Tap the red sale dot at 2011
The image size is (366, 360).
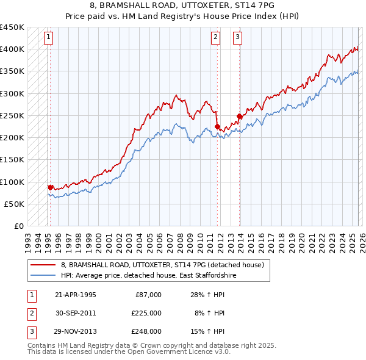coord(217,126)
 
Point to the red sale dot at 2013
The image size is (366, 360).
coord(239,116)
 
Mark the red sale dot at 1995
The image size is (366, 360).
coord(50,187)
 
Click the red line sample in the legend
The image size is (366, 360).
coord(43,265)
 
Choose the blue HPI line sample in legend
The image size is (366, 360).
coord(43,276)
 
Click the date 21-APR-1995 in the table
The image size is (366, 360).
coord(75,295)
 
